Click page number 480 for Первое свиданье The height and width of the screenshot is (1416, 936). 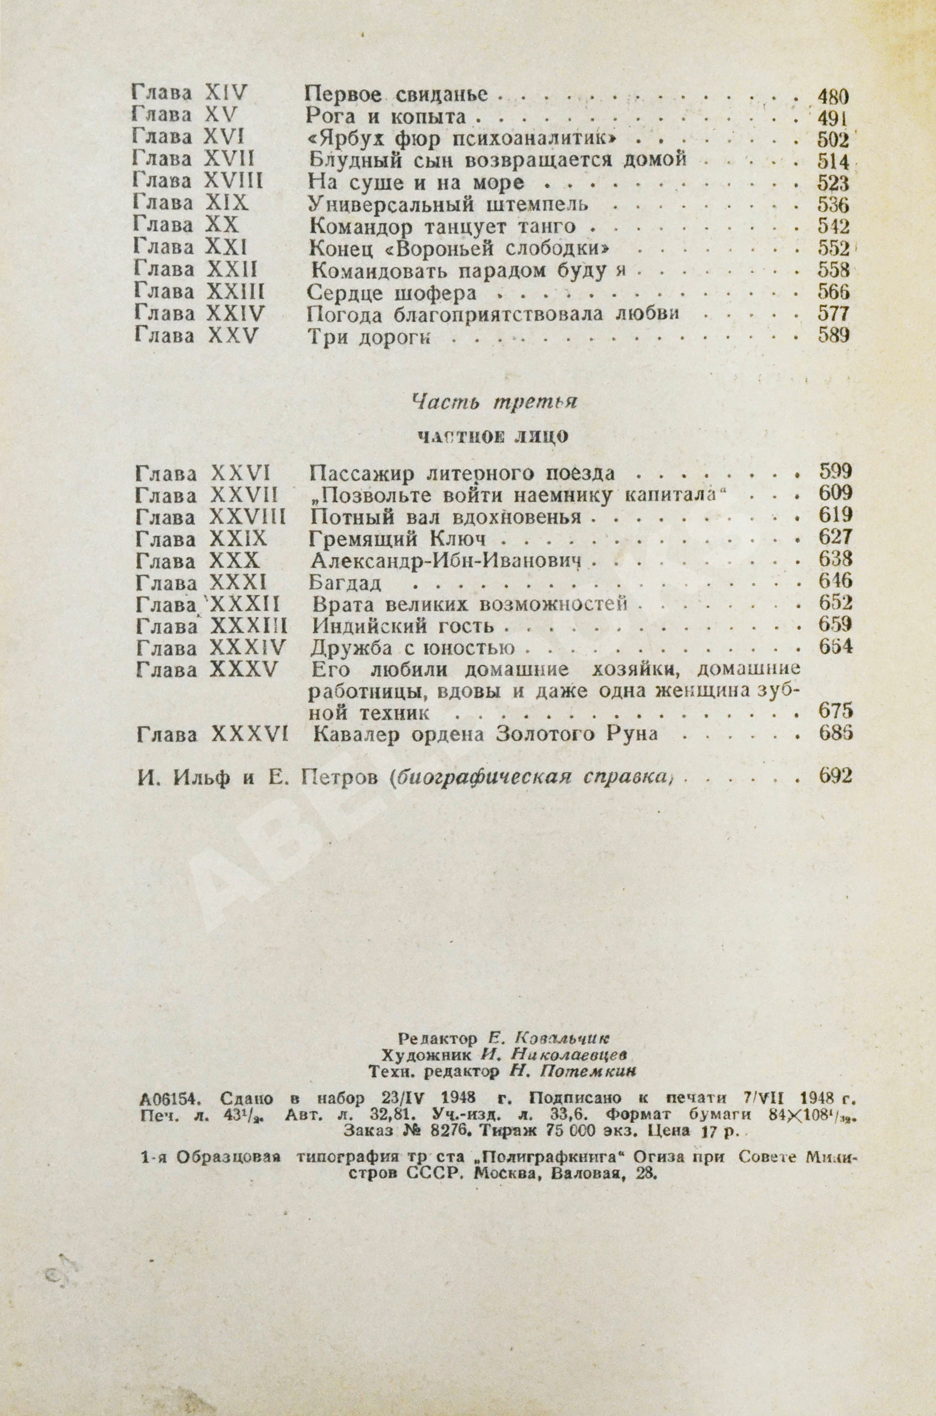(832, 95)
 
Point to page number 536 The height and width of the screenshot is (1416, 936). (833, 205)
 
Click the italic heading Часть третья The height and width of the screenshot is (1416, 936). (494, 403)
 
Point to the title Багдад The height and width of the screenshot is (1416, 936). (346, 582)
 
